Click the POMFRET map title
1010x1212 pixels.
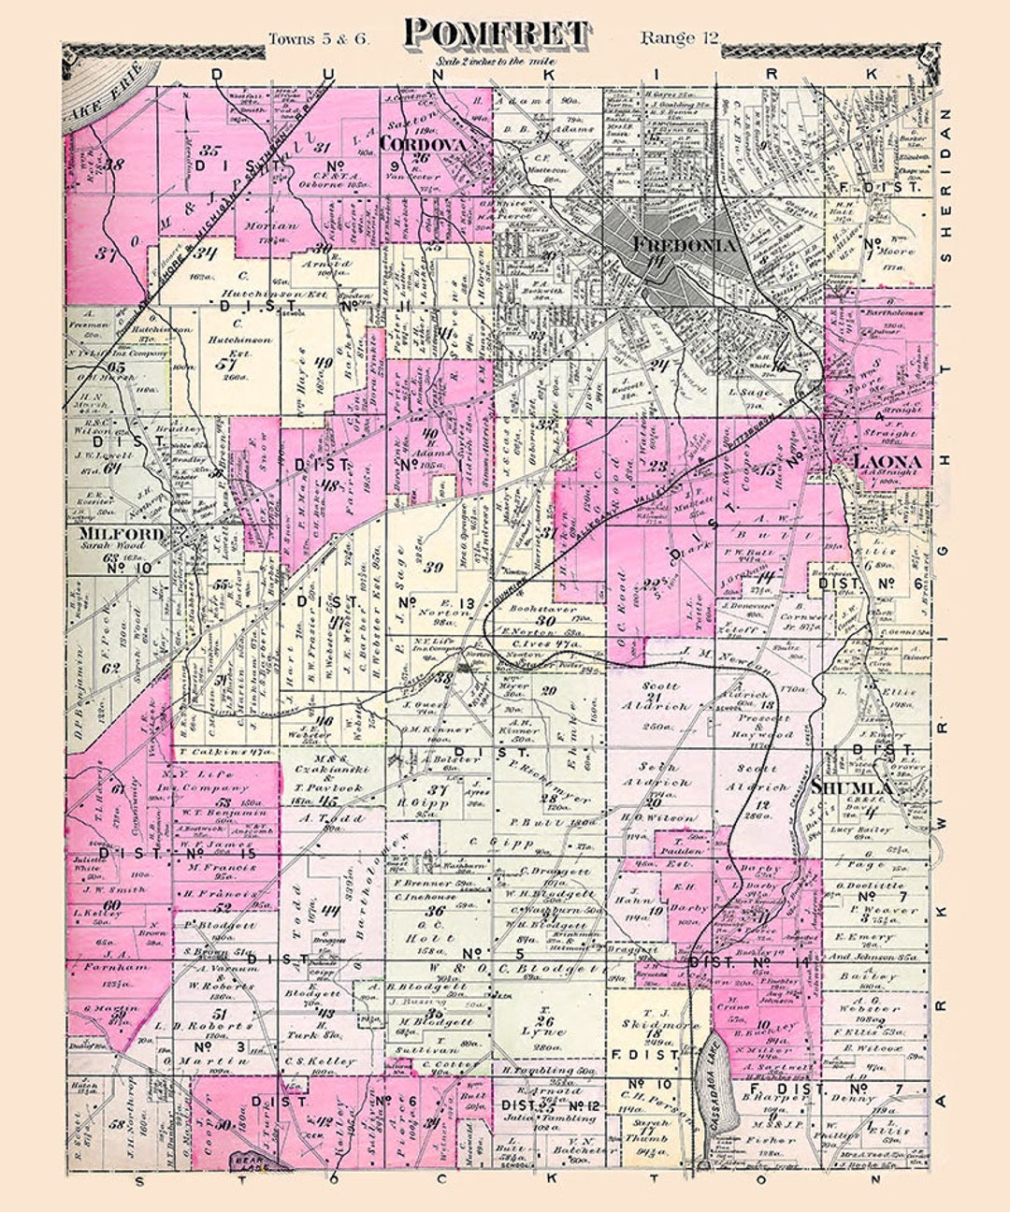coord(497,34)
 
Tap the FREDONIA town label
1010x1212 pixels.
coord(685,245)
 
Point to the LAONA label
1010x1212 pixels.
coord(886,462)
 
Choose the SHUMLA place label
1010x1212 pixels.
coord(852,787)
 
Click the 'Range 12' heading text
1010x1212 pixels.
coord(679,37)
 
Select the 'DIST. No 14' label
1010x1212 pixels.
coord(748,960)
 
